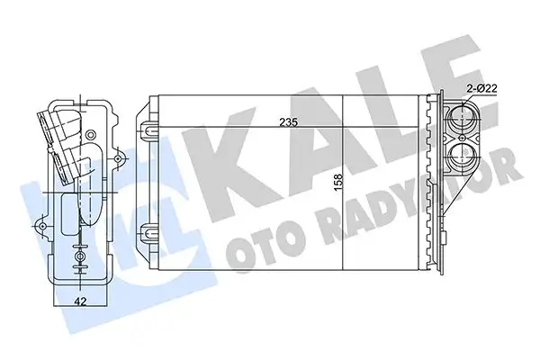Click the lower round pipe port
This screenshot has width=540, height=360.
(464, 157)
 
